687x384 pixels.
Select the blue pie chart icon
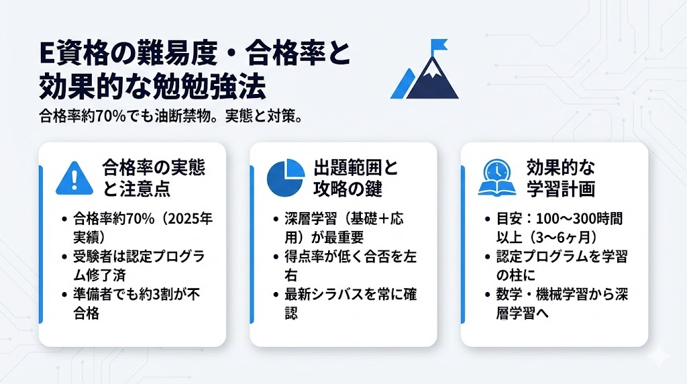286,177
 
